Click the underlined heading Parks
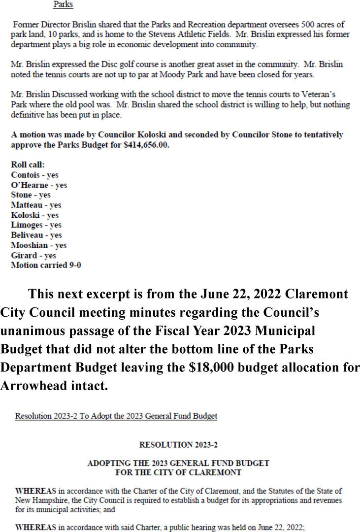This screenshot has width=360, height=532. pos(63,5)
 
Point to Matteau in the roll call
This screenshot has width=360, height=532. pos(25,205)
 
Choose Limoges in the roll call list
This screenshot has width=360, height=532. pos(26,225)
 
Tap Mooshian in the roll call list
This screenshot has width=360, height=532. pos(29,245)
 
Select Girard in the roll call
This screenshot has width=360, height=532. pos(24,255)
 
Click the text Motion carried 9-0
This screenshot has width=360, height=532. pos(46,266)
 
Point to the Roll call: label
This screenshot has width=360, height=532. pos(28,165)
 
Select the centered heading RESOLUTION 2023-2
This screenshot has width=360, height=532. pos(178,445)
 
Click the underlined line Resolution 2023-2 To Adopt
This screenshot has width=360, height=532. pos(116,416)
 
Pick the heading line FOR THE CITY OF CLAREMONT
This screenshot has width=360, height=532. pos(178,472)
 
